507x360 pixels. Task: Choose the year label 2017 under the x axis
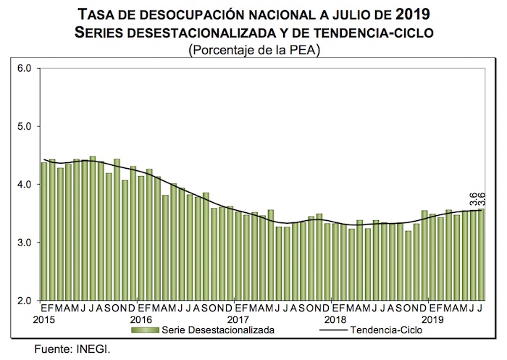[238, 319]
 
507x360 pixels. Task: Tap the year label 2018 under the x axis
[336, 319]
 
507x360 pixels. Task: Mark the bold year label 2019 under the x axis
[433, 319]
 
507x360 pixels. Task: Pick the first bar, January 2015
[44, 231]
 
